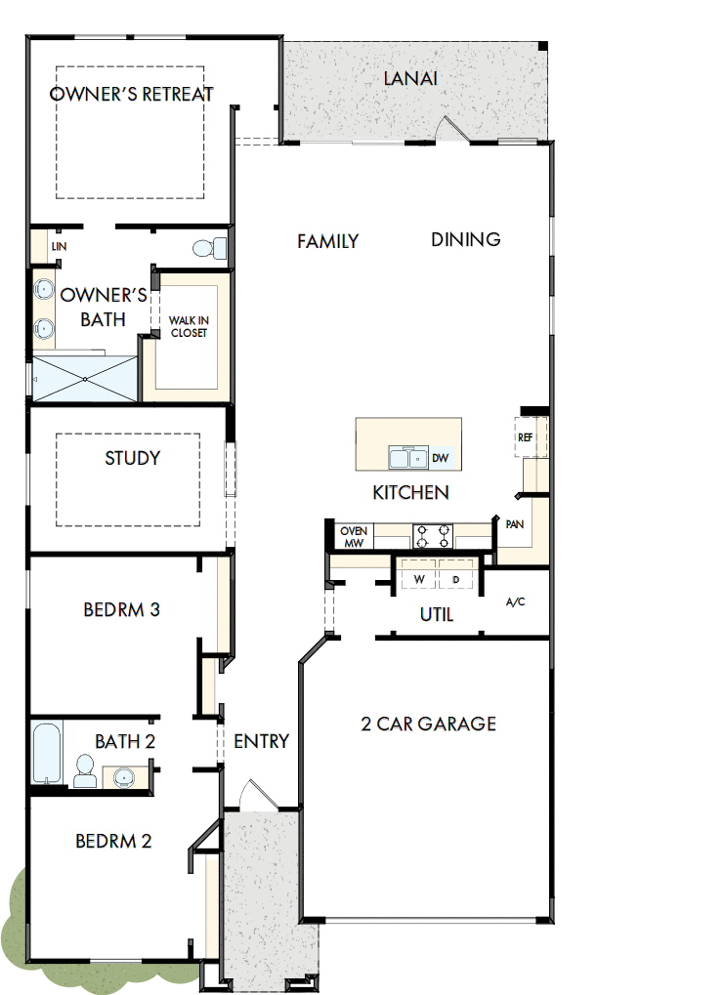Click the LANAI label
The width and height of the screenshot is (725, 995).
click(x=410, y=78)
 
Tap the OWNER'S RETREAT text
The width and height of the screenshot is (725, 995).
click(x=131, y=95)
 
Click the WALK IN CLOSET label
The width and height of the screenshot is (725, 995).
click(x=189, y=326)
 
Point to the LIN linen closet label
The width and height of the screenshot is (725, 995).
click(x=59, y=247)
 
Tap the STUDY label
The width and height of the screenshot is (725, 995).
click(x=132, y=458)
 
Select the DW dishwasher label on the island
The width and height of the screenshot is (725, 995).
click(x=440, y=457)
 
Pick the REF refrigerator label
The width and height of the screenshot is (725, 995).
click(x=525, y=438)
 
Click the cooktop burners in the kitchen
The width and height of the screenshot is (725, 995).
click(x=434, y=535)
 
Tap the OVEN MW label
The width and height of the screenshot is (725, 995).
click(x=353, y=536)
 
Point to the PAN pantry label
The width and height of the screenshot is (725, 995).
click(x=515, y=524)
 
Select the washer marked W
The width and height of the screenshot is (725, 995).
click(x=419, y=579)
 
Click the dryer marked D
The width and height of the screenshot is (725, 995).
click(x=455, y=579)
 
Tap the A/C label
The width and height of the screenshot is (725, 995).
click(x=515, y=601)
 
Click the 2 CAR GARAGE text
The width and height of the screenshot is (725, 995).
click(x=429, y=724)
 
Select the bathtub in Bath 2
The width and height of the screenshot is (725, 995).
click(x=47, y=752)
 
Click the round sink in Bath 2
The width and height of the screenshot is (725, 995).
click(x=123, y=777)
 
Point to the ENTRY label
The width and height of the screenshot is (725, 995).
click(x=261, y=741)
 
